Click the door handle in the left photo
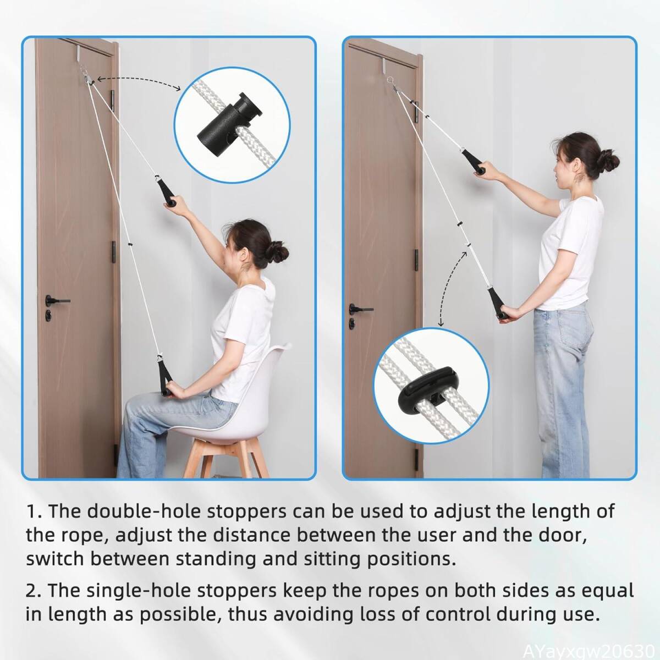(x=57, y=301)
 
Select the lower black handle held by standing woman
(x=497, y=304)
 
